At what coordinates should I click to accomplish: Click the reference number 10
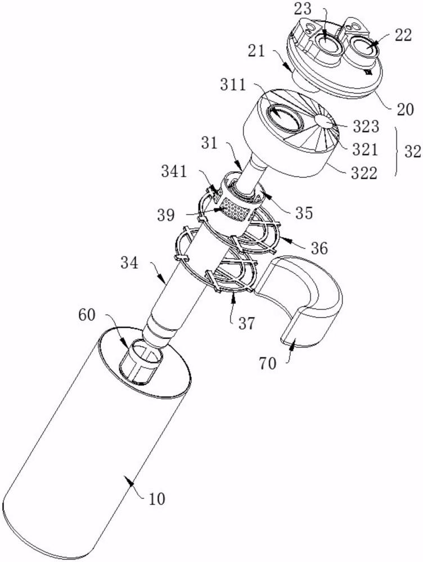(x=156, y=498)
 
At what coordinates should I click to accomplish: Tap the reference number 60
(x=87, y=315)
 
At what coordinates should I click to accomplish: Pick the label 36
(x=319, y=248)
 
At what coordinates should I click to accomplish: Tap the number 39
(x=166, y=215)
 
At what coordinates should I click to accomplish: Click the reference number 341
(x=174, y=171)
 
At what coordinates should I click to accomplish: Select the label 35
(x=304, y=212)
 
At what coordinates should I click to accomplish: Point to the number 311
(x=233, y=85)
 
